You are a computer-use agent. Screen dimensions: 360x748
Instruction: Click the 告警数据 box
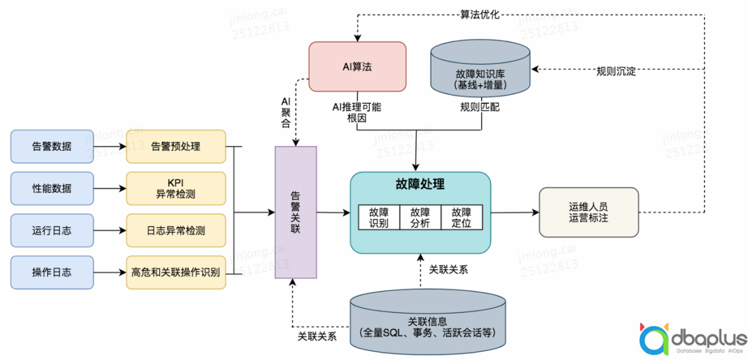[x=52, y=147]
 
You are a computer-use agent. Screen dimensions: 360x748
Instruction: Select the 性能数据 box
[x=52, y=188]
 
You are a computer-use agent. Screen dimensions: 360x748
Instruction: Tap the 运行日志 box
[x=52, y=231]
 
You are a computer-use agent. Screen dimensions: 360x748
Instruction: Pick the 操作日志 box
[x=52, y=272]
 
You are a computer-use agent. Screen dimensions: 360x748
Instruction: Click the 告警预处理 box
[x=176, y=147]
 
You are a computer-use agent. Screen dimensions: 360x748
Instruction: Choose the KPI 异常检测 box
[x=176, y=188]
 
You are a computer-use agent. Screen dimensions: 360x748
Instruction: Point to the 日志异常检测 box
[x=176, y=231]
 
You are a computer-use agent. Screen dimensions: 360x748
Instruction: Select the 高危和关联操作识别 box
[x=176, y=272]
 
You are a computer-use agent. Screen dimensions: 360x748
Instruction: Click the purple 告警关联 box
[x=296, y=213]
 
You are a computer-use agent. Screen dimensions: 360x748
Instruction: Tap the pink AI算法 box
[x=357, y=67]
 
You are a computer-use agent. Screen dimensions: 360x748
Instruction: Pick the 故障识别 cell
[x=379, y=217]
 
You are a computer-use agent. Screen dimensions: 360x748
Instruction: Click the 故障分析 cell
[x=420, y=217]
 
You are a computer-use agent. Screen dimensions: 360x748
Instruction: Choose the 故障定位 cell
[x=462, y=217]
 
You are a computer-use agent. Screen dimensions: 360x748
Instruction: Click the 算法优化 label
[x=480, y=14]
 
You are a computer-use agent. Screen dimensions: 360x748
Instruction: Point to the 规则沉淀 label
[x=616, y=71]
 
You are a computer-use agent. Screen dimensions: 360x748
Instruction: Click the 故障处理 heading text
[x=420, y=185]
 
